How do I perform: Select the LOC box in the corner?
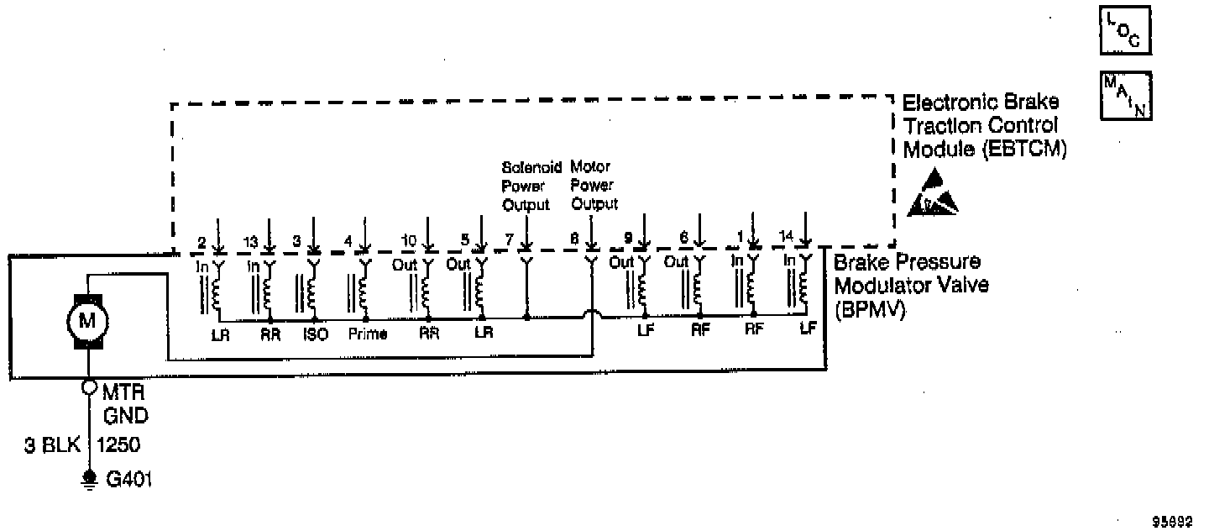point(1125,32)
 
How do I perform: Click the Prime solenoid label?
point(367,334)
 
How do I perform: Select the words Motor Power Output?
point(594,185)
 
